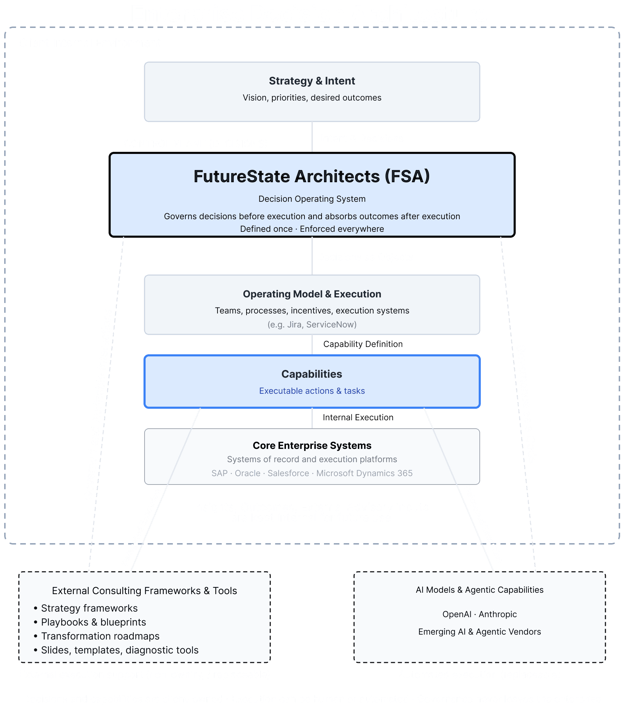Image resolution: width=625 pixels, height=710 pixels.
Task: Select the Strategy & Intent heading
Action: click(x=312, y=81)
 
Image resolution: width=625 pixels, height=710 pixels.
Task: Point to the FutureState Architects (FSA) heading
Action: click(x=312, y=176)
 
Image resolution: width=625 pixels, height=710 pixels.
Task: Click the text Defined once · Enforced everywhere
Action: click(x=312, y=229)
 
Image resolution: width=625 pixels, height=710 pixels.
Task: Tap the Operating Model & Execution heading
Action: click(x=312, y=294)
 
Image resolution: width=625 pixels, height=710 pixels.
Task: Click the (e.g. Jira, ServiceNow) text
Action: click(x=312, y=325)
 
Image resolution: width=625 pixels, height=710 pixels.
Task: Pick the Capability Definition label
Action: click(x=363, y=344)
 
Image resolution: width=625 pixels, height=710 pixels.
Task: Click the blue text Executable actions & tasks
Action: click(x=312, y=391)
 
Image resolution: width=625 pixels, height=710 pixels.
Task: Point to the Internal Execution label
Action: click(x=358, y=417)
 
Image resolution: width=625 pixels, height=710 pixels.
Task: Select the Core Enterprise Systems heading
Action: click(x=312, y=446)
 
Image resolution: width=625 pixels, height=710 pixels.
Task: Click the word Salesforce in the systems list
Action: click(x=288, y=473)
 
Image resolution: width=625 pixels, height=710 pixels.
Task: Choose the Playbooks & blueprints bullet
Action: click(x=93, y=622)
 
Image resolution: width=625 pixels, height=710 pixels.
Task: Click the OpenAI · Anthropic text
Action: click(x=479, y=614)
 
